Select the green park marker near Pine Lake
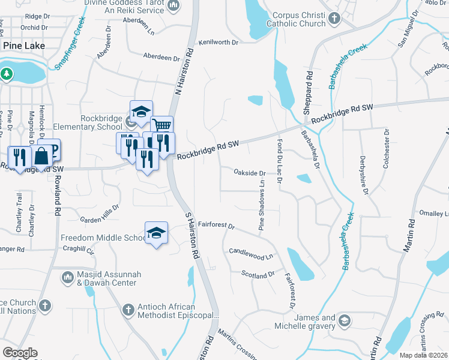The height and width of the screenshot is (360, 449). (x=7, y=74)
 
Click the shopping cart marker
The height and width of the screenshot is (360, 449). (x=161, y=125)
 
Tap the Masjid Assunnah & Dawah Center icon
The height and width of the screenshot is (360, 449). (x=66, y=278)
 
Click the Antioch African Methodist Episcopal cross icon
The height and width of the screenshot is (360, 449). (x=127, y=310)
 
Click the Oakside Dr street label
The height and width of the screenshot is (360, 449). (x=249, y=173)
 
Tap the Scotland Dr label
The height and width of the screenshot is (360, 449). (x=258, y=275)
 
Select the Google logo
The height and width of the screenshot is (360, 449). (x=20, y=353)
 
